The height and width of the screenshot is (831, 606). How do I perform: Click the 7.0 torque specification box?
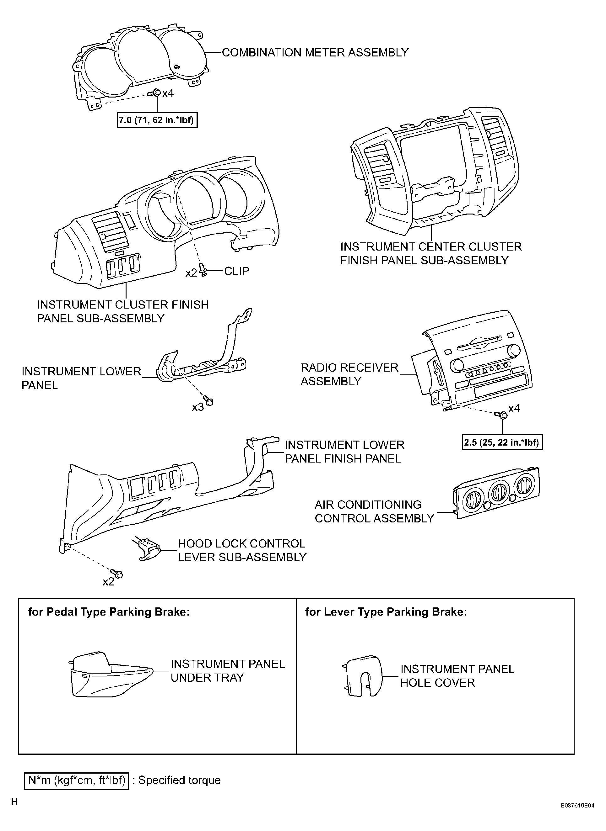pyautogui.click(x=157, y=120)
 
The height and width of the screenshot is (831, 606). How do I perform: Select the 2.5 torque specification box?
pyautogui.click(x=502, y=442)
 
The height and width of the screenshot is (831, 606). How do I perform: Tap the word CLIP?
pyautogui.click(x=237, y=271)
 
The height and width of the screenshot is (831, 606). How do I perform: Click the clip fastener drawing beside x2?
pyautogui.click(x=203, y=270)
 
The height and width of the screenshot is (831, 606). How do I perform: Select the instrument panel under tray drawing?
pyautogui.click(x=110, y=675)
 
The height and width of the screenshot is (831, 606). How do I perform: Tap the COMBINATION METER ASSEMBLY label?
pyautogui.click(x=315, y=52)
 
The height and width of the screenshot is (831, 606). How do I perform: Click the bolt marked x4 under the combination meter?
pyautogui.click(x=154, y=93)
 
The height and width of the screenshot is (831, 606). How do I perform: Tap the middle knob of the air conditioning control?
pyautogui.click(x=498, y=492)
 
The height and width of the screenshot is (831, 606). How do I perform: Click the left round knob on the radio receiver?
pyautogui.click(x=457, y=366)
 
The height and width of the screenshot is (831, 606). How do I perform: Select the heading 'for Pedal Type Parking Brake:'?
pyautogui.click(x=109, y=612)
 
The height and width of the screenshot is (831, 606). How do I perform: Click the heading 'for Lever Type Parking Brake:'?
pyautogui.click(x=386, y=612)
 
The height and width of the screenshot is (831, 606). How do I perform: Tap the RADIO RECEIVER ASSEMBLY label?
pyautogui.click(x=349, y=374)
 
